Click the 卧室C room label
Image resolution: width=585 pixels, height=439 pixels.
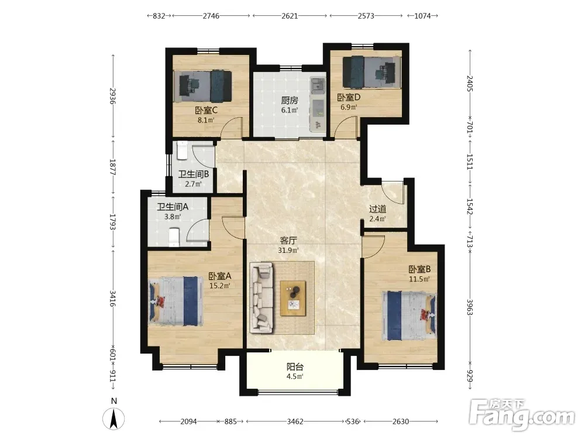[x=206, y=111]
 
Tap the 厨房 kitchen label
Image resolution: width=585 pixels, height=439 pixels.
[x=290, y=101]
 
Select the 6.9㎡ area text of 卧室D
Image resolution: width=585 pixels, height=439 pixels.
[x=349, y=107]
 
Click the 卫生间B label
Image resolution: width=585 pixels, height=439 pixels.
[x=193, y=174]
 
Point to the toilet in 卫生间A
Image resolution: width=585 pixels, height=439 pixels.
[x=174, y=238]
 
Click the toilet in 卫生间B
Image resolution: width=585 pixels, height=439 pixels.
[x=182, y=150]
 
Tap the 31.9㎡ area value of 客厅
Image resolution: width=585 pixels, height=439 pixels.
[x=288, y=250]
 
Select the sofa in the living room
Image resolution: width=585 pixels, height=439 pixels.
[x=261, y=297]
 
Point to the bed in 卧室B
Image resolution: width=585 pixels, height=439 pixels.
[x=409, y=315]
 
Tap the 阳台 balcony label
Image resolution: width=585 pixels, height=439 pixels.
[x=295, y=366]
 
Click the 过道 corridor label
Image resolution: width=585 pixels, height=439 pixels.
[x=377, y=209]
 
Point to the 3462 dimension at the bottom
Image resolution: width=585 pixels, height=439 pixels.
[x=295, y=421]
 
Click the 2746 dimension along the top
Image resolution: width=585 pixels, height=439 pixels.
[x=211, y=16]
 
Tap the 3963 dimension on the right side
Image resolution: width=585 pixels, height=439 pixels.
[x=470, y=307]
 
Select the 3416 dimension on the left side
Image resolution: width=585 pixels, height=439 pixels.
[x=112, y=299]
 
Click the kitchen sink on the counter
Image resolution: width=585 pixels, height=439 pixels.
[x=318, y=85]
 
